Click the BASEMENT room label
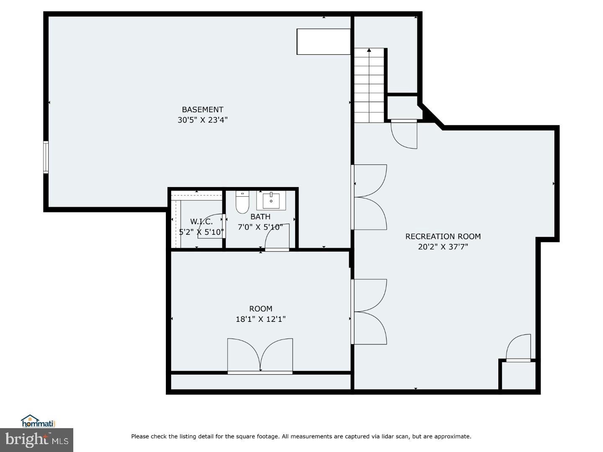click(202, 110)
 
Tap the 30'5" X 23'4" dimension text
click(202, 120)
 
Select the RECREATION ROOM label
click(443, 236)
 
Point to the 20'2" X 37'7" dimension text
click(443, 247)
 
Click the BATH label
click(260, 217)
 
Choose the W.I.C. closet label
click(201, 222)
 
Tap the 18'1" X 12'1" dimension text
click(260, 319)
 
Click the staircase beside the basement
click(369, 86)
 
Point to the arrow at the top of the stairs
click(369, 50)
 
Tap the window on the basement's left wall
click(46, 157)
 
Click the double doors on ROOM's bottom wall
click(260, 356)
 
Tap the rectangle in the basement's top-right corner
click(323, 41)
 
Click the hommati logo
click(38, 421)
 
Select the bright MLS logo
click(36, 440)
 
